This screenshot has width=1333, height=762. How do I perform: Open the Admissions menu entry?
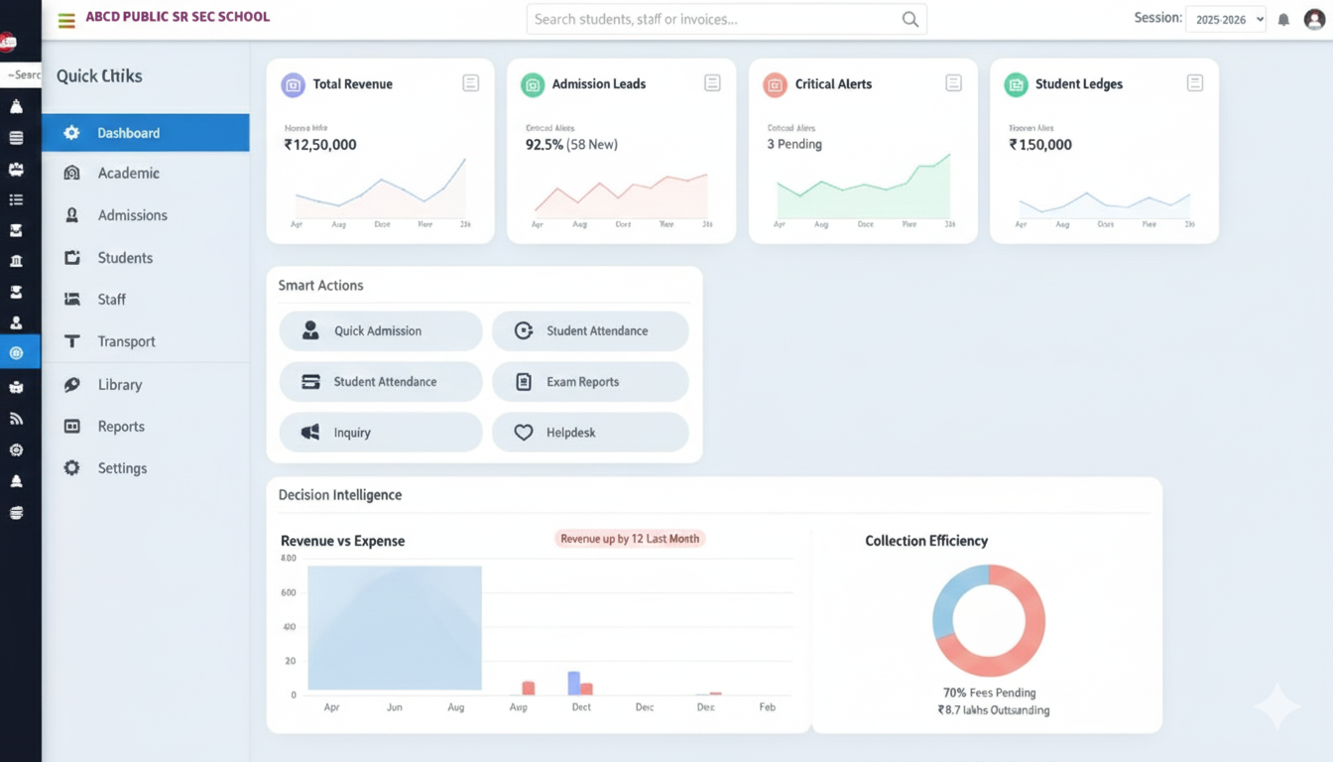[x=132, y=215]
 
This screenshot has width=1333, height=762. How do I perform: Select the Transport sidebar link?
[x=126, y=341]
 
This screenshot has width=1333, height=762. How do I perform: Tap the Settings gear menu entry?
[x=121, y=468]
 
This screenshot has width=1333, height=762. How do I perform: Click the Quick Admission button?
[x=380, y=331]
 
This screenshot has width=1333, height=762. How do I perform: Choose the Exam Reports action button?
[x=590, y=382]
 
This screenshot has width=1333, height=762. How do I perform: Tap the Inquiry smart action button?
[x=380, y=433]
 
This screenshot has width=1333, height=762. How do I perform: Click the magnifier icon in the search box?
[x=909, y=19]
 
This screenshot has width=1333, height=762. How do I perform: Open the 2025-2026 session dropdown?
[x=1226, y=19]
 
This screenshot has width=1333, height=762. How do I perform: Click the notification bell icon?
[x=1283, y=20]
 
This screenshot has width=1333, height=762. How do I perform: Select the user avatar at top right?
[x=1314, y=19]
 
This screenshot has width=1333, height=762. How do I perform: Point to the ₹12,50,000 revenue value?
[x=320, y=145]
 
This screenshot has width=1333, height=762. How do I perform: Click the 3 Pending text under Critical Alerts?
[x=794, y=145]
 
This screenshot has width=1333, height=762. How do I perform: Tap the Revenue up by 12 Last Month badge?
[x=630, y=539]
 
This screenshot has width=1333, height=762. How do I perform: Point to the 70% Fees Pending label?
[x=989, y=693]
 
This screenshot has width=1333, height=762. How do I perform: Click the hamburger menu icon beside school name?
[x=66, y=20]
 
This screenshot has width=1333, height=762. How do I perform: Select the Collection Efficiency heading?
[x=926, y=541]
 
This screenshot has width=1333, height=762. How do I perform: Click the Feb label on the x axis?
[x=768, y=707]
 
